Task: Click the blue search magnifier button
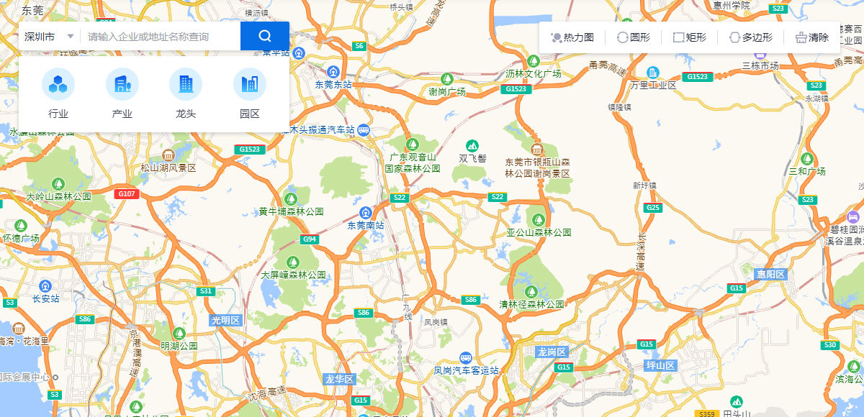pyautogui.click(x=264, y=36)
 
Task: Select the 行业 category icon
pyautogui.click(x=58, y=85)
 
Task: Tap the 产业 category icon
pyautogui.click(x=122, y=85)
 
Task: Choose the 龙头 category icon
pyautogui.click(x=186, y=85)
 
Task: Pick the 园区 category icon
pyautogui.click(x=250, y=85)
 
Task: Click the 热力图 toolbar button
pyautogui.click(x=572, y=37)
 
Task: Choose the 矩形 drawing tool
pyautogui.click(x=689, y=37)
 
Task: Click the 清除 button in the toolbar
pyautogui.click(x=811, y=37)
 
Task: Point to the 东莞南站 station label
pyautogui.click(x=366, y=225)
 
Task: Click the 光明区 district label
pyautogui.click(x=225, y=320)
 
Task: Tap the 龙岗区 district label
pyautogui.click(x=552, y=352)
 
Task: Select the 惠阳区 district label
pyautogui.click(x=772, y=275)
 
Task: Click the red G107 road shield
pyautogui.click(x=127, y=194)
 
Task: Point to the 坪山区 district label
pyautogui.click(x=660, y=365)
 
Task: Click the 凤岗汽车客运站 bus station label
pyautogui.click(x=466, y=370)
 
